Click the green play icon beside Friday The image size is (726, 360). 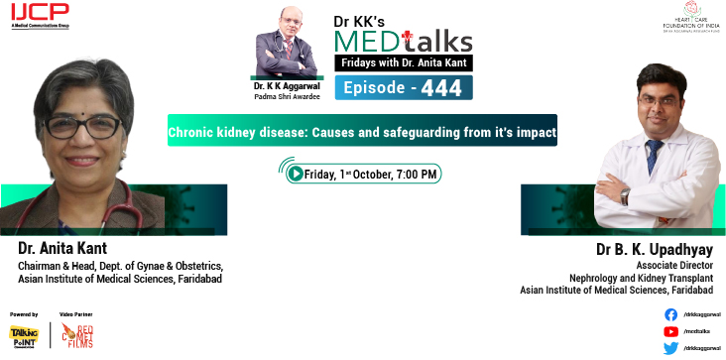click(x=296, y=174)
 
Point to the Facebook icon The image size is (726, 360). click(x=670, y=313)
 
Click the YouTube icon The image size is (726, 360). click(x=670, y=330)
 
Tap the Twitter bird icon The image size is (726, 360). click(x=670, y=347)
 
